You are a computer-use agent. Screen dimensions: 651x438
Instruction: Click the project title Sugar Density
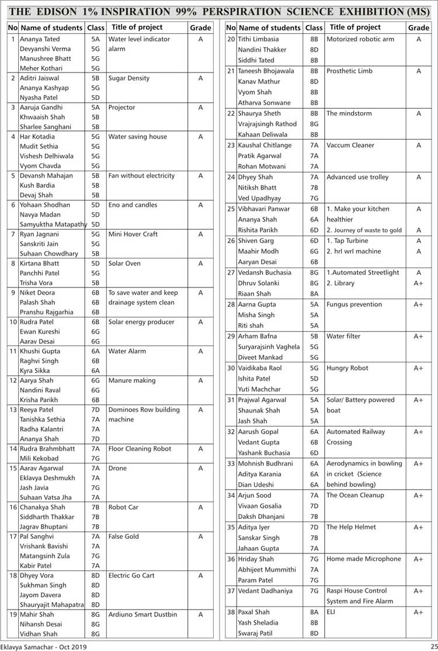(x=128, y=78)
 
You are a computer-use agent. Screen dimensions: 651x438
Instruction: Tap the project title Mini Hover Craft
(x=133, y=234)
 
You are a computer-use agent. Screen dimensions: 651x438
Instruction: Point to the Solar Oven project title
(x=124, y=264)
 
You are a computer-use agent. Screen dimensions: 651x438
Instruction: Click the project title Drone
(x=117, y=469)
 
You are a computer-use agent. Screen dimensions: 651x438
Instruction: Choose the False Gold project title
(x=123, y=536)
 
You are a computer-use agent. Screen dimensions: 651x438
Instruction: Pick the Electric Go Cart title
(x=131, y=576)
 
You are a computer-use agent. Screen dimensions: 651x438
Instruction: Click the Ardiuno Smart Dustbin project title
(x=142, y=615)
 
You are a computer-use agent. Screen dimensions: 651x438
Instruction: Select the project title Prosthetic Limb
(x=349, y=71)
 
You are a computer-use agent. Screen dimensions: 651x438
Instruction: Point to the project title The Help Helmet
(x=351, y=527)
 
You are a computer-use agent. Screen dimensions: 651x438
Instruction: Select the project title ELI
(x=331, y=612)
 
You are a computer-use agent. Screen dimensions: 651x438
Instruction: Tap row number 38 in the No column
(x=231, y=612)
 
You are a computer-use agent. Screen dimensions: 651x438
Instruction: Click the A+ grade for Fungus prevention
(x=418, y=304)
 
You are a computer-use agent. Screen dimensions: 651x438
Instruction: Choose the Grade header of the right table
(x=418, y=27)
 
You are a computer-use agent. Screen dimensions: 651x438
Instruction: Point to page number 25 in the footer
(x=433, y=646)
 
